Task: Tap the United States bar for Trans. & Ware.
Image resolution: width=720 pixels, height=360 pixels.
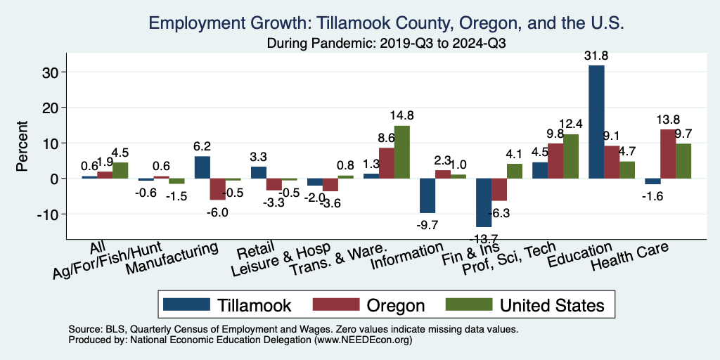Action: click(x=401, y=152)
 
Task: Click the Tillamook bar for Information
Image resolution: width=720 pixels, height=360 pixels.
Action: click(x=427, y=195)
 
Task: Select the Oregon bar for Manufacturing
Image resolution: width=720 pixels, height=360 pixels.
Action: click(x=217, y=189)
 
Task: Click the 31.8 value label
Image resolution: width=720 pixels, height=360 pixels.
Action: click(x=596, y=56)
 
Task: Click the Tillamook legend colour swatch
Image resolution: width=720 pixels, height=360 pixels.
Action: click(x=186, y=304)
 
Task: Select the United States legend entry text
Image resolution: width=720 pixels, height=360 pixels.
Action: click(x=552, y=305)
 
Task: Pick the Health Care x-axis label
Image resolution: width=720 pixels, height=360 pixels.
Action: click(x=629, y=257)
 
